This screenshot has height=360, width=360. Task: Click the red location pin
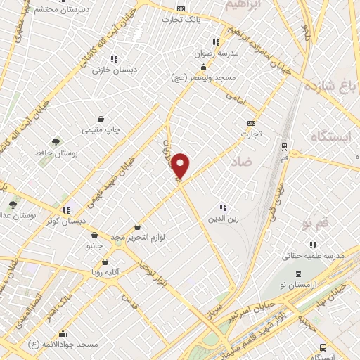[181, 167]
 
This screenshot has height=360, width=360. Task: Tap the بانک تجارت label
[199, 19]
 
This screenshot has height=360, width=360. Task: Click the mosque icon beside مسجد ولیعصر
[204, 68]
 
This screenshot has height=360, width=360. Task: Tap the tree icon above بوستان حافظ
[56, 141]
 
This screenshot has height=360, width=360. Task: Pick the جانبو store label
[95, 247]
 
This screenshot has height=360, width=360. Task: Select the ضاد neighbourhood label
[240, 162]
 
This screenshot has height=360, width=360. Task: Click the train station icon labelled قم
[284, 148]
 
